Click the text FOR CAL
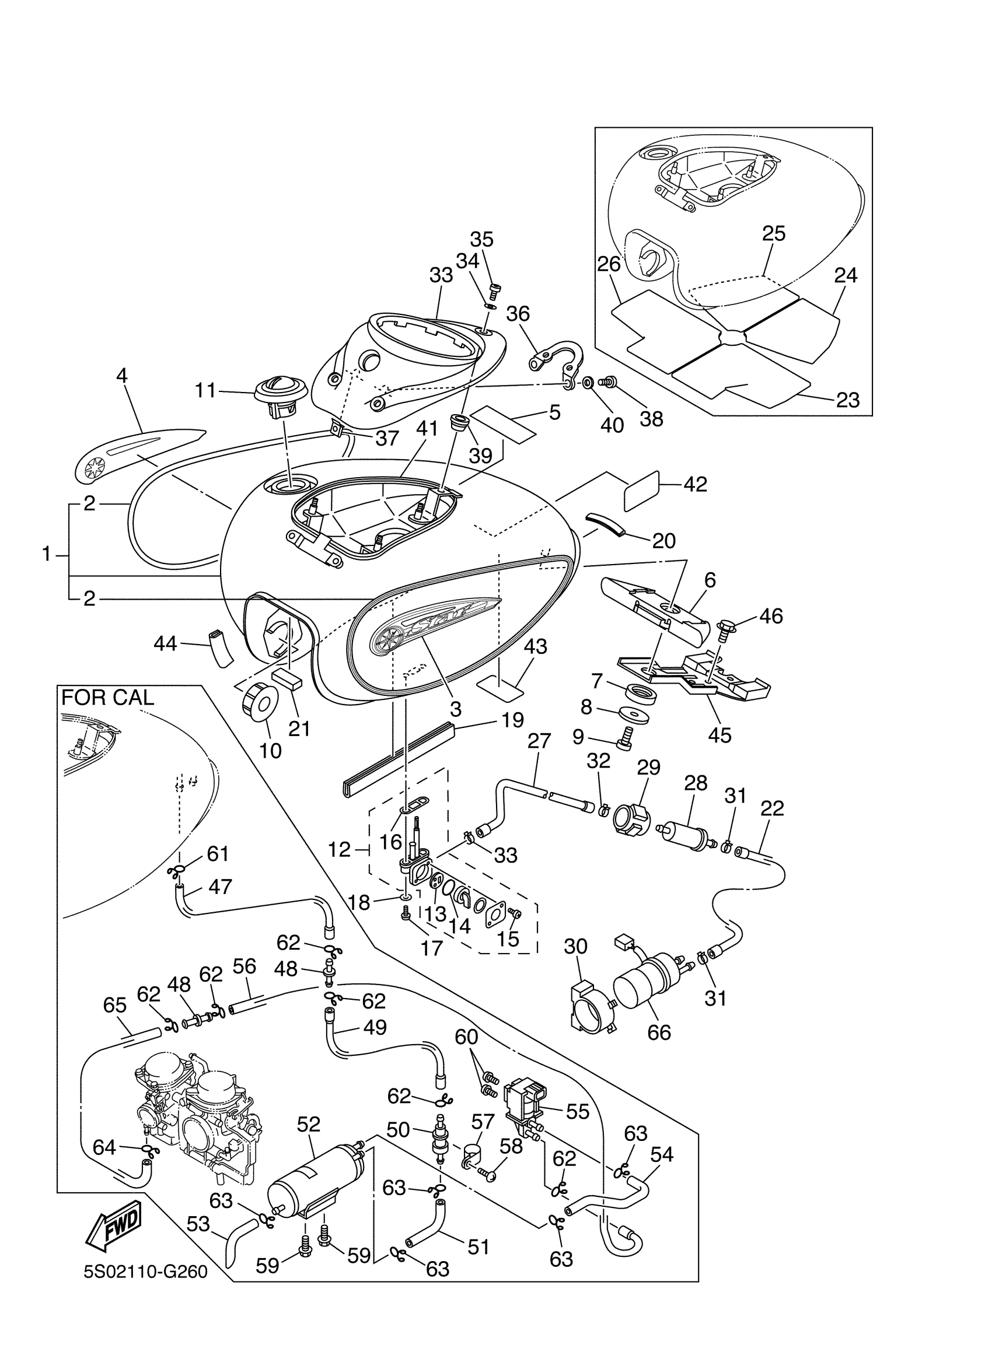(107, 698)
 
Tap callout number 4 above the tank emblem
(122, 376)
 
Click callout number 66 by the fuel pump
(659, 1032)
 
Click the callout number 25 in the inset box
(773, 233)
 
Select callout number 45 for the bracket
(719, 734)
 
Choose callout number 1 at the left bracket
(47, 554)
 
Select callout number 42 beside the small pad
(695, 484)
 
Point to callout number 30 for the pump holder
(575, 947)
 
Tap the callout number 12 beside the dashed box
(339, 850)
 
